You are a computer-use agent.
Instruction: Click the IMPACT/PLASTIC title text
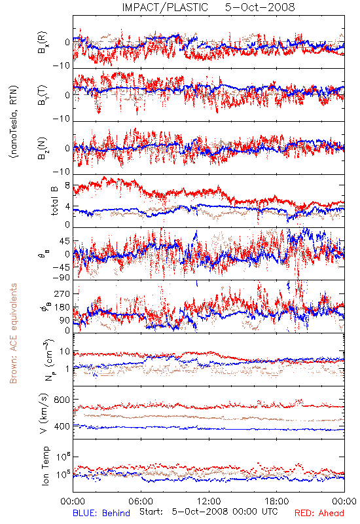point(165,7)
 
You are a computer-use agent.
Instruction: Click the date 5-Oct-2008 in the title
point(260,7)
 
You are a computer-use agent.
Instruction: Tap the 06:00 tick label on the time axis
point(141,501)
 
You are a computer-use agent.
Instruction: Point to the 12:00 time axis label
point(209,501)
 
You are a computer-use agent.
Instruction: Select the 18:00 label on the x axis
point(277,501)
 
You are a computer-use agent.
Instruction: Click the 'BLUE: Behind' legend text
point(101,513)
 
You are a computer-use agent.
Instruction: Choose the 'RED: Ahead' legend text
point(319,513)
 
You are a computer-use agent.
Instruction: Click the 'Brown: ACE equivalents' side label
point(13,333)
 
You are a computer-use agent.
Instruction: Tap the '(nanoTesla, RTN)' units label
point(14,122)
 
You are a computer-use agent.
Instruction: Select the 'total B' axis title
point(54,201)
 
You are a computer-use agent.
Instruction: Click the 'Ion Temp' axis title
point(45,466)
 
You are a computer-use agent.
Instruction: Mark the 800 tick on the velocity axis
point(62,400)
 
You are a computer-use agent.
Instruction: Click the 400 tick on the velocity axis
point(62,426)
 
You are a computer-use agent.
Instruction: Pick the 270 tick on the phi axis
point(62,293)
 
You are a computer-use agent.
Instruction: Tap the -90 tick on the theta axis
point(61,278)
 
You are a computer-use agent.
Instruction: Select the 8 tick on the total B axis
point(67,185)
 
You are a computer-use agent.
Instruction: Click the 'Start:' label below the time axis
point(151,512)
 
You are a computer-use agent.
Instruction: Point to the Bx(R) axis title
point(43,43)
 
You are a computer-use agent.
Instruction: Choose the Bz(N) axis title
point(43,148)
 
